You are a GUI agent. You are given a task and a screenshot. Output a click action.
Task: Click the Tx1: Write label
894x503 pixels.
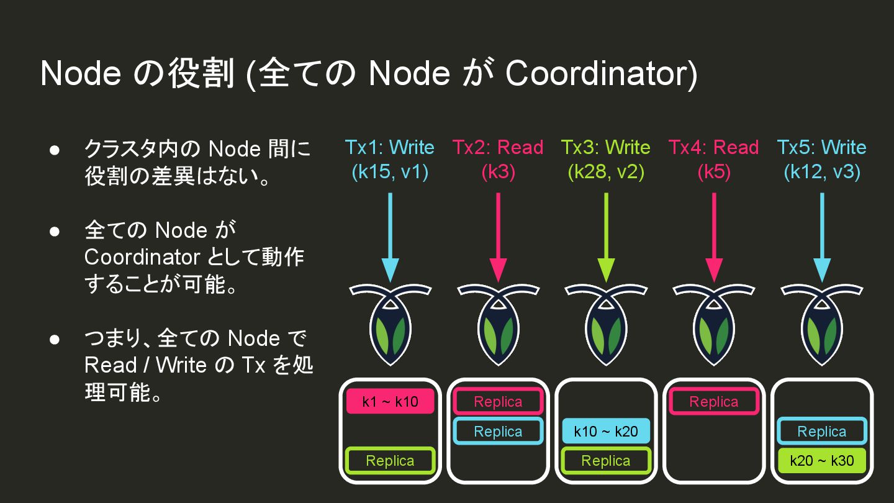point(390,148)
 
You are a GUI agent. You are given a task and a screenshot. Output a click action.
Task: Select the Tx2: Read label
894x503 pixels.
point(498,148)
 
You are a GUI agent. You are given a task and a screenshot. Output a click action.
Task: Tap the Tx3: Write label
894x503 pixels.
point(606,148)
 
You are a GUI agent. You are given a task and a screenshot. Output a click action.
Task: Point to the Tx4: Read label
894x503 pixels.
point(714,148)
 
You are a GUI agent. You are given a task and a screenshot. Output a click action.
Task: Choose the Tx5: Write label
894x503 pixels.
point(821,148)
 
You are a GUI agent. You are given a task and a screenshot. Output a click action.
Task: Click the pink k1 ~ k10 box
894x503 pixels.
point(390,402)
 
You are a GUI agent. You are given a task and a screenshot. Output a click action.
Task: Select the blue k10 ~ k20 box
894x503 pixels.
point(606,432)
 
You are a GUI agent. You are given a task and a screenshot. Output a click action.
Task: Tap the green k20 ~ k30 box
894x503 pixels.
point(821,461)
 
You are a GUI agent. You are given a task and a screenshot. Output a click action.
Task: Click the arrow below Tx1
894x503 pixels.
point(390,236)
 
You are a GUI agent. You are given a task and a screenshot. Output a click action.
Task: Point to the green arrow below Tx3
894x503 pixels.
point(606,236)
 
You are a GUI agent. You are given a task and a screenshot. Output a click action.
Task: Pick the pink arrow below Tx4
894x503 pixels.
point(714,236)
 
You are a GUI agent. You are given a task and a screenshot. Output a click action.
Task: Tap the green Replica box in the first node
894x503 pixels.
point(390,461)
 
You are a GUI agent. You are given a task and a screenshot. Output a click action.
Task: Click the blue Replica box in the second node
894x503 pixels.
point(498,432)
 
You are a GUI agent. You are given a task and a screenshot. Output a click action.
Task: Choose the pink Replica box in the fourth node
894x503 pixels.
point(714,402)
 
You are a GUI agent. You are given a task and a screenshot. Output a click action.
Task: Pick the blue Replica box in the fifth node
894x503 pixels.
point(821,432)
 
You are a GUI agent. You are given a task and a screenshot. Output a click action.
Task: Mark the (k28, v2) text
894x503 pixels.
point(606,172)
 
